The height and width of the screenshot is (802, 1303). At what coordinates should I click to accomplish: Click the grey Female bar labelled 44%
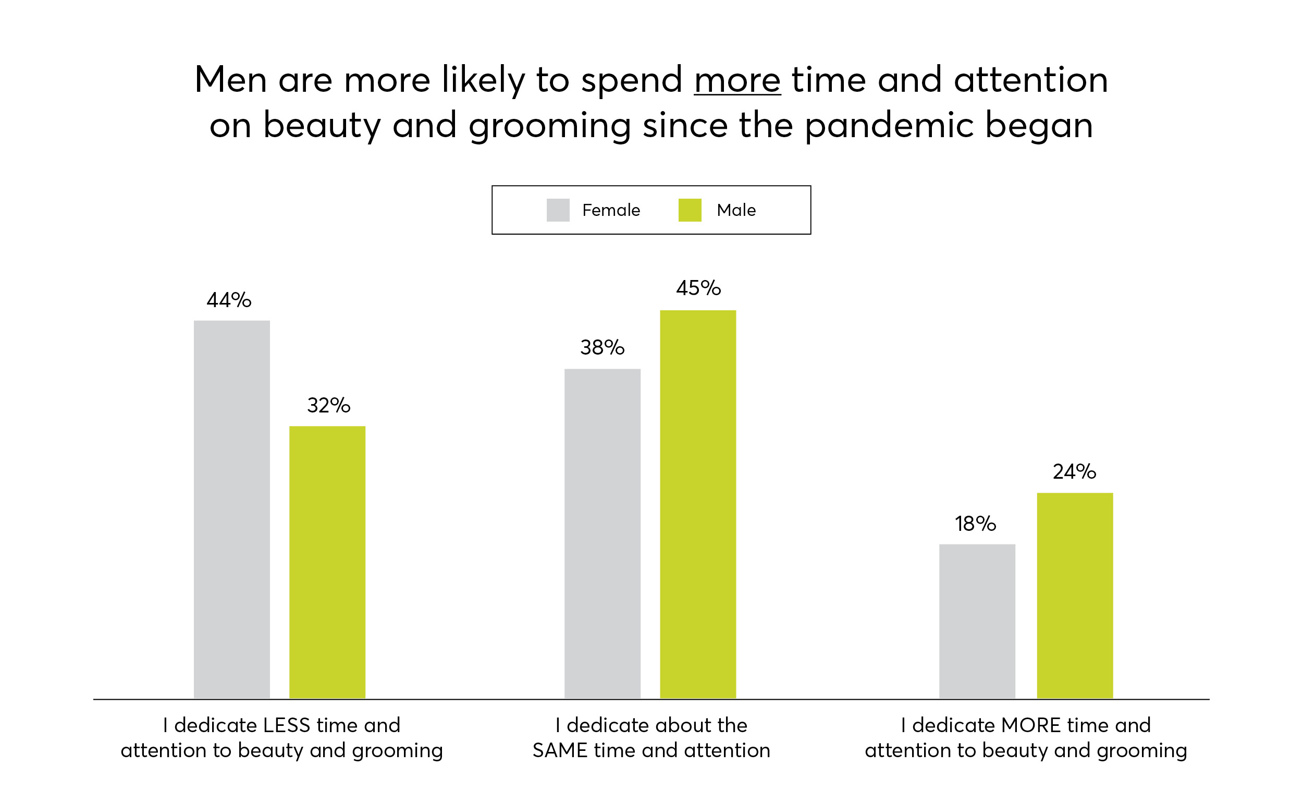click(x=231, y=509)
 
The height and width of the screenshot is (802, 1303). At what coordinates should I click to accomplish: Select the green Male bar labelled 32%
click(x=327, y=562)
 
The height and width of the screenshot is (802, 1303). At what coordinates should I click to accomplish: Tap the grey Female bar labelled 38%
click(x=602, y=533)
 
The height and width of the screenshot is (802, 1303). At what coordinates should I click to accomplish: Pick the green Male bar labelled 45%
click(x=697, y=504)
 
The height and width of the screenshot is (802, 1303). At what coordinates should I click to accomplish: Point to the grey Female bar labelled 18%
click(x=977, y=621)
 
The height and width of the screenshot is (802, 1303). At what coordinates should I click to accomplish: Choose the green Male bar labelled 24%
click(x=1075, y=595)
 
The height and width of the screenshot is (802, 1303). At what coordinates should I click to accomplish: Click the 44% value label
click(x=229, y=300)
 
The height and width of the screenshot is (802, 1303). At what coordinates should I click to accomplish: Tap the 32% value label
click(x=329, y=406)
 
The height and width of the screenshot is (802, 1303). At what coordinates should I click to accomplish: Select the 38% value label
click(x=602, y=348)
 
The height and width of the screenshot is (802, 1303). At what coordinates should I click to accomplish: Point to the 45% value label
click(x=698, y=288)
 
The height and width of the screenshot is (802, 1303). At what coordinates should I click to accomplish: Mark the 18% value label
click(x=975, y=524)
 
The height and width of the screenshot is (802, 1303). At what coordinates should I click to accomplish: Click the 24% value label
click(x=1074, y=471)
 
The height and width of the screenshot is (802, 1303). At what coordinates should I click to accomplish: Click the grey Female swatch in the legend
click(x=558, y=210)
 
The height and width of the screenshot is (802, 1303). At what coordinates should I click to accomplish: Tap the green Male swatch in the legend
click(x=690, y=210)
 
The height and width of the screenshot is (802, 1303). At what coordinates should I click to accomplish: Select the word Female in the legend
click(x=611, y=210)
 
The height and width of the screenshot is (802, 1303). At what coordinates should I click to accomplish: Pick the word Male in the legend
click(x=736, y=210)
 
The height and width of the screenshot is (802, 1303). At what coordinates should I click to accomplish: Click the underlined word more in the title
click(x=737, y=80)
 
